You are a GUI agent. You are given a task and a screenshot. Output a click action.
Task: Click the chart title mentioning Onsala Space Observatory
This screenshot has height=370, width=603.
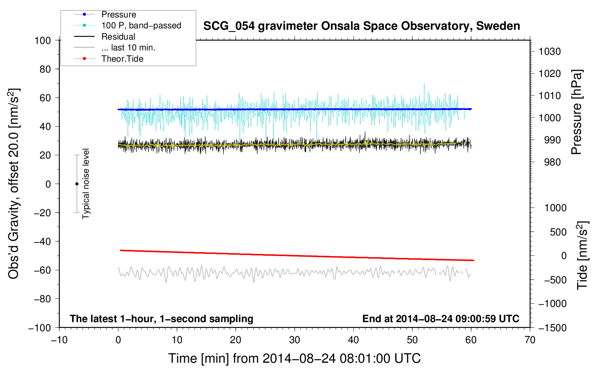coord(361,26)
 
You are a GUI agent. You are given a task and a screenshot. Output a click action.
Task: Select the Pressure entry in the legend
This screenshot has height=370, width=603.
coord(118,15)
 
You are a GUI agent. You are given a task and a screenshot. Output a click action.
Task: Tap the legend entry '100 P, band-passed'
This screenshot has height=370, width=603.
coord(141,25)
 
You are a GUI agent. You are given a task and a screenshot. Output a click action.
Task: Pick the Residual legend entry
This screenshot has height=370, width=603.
coord(118,37)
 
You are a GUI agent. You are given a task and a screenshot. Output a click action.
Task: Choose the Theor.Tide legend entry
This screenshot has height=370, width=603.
coord(122,59)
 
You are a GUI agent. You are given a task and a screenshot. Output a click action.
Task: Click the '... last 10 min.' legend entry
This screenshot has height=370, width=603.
coord(128,48)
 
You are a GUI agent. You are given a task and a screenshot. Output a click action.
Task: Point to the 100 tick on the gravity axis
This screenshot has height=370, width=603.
coord(43,40)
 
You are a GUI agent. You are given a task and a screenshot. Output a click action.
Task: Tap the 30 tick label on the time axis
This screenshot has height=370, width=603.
coord(295,340)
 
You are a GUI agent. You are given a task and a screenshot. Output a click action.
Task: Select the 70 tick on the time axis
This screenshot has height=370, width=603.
coord(530,340)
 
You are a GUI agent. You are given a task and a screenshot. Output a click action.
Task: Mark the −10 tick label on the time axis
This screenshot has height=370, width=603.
coord(59,340)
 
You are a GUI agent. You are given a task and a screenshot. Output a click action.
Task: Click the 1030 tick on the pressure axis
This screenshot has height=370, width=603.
coord(550,52)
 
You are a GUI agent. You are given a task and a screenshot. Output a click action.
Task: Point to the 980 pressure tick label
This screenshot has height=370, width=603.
coord(550,162)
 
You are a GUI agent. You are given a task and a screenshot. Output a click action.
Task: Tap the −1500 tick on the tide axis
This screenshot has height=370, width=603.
coord(553,328)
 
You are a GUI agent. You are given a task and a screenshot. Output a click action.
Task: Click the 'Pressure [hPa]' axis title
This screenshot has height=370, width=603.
coord(576,112)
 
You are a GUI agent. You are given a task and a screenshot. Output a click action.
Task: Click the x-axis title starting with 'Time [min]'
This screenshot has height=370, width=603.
coord(294,358)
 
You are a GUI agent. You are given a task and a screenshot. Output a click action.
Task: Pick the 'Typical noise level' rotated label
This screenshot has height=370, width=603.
coord(86,184)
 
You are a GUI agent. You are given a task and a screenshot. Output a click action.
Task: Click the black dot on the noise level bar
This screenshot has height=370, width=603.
coord(77,184)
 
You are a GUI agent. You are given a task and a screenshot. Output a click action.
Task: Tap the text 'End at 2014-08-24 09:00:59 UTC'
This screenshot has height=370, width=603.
coord(441,318)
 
